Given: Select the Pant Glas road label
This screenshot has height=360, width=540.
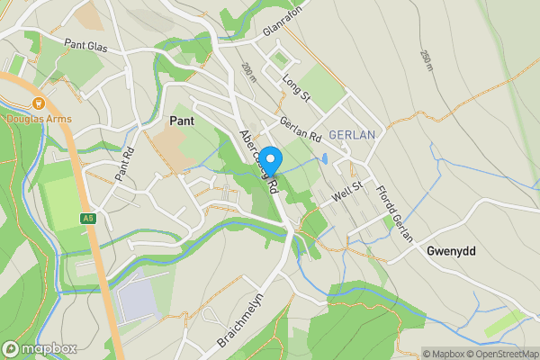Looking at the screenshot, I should click(x=85, y=43).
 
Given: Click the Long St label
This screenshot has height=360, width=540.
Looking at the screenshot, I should click(x=295, y=87).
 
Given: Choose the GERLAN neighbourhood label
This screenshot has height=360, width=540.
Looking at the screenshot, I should click(x=351, y=135).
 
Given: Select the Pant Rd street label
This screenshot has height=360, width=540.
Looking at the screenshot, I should click(x=123, y=164).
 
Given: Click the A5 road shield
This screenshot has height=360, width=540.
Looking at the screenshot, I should click(x=87, y=218).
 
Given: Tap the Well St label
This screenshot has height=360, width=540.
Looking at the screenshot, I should click(x=346, y=190).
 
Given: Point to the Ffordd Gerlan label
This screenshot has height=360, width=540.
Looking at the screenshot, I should click(x=394, y=213).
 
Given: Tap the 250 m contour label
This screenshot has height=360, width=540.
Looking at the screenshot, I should click(x=425, y=60).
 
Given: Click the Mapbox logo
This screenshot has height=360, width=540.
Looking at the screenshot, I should click(x=40, y=348).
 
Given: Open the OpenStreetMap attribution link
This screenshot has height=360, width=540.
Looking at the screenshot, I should click(x=499, y=354).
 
